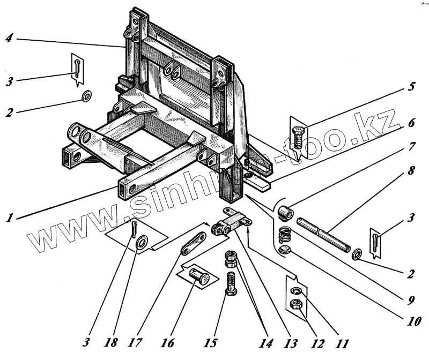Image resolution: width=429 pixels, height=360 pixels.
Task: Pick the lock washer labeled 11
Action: click(295, 291)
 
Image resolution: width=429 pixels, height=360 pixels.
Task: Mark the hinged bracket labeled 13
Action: click(231, 224)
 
